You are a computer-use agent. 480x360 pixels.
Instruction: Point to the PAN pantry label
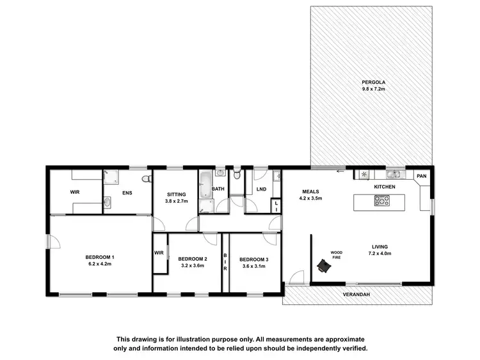pyautogui.click(x=421, y=176)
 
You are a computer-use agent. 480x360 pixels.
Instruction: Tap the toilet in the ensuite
pyautogui.click(x=146, y=180)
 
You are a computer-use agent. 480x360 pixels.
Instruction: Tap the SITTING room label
pyautogui.click(x=177, y=194)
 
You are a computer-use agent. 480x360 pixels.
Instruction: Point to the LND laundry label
pyautogui.click(x=261, y=189)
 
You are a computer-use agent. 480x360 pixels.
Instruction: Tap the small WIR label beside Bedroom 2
pyautogui.click(x=159, y=253)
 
